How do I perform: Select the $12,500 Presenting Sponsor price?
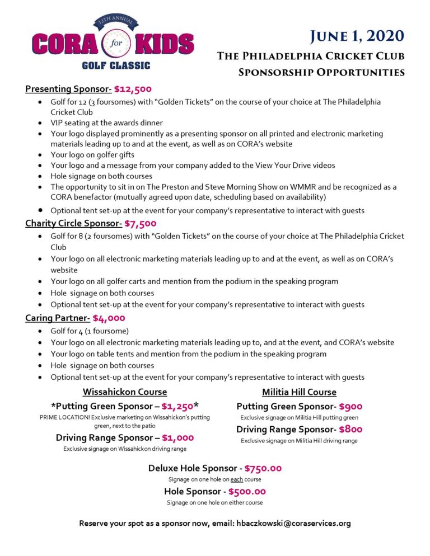(133, 89)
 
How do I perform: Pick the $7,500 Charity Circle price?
(141, 224)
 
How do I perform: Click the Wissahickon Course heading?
(124, 392)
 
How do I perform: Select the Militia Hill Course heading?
(299, 392)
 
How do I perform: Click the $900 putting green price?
(350, 406)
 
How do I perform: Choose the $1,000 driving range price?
(178, 438)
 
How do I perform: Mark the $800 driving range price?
(350, 430)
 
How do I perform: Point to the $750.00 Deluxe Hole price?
(263, 468)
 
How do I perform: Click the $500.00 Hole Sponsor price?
(247, 492)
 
